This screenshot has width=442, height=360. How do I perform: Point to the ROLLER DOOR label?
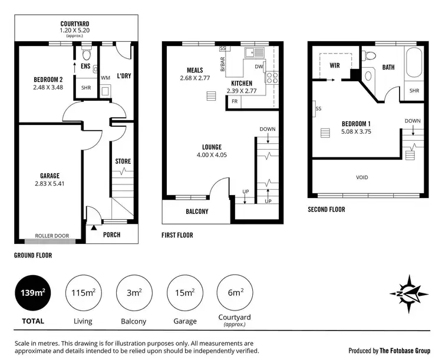tap(52, 236)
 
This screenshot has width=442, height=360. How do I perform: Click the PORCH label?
tap(111, 235)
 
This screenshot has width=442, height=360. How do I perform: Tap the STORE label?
tap(123, 161)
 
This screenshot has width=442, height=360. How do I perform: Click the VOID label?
tap(362, 177)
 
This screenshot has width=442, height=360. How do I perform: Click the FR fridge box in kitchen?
tap(235, 102)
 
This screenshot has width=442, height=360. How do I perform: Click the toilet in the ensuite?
tap(86, 56)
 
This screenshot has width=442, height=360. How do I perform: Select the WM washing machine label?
tap(105, 77)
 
